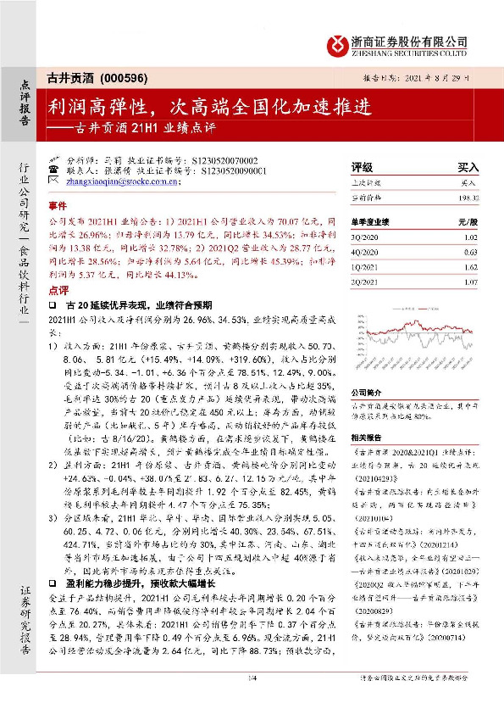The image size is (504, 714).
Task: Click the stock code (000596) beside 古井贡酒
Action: pyautogui.click(x=124, y=77)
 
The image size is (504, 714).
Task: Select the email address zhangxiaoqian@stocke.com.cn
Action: pyautogui.click(x=119, y=181)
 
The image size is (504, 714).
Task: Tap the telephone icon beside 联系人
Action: pyautogui.click(x=54, y=170)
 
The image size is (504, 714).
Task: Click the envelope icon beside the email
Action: pyautogui.click(x=54, y=181)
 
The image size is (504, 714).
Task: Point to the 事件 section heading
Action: pyautogui.click(x=57, y=206)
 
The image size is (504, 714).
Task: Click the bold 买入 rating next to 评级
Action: pyautogui.click(x=468, y=167)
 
